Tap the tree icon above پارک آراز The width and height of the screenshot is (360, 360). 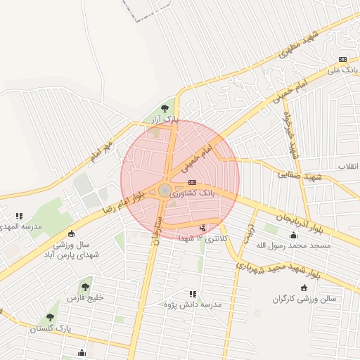coord(165,108)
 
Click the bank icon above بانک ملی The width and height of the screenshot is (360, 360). coord(342,59)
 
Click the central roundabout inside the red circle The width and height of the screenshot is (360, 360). coord(165,190)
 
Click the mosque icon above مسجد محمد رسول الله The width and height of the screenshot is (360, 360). coord(293,234)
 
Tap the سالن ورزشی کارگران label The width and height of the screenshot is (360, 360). coord(304,299)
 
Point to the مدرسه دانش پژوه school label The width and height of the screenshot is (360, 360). coord(193,304)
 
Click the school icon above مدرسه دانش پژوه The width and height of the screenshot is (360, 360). coord(192,293)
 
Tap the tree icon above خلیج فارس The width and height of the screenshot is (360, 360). coord(85,286)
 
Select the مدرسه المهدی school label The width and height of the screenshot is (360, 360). coord(19,226)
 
